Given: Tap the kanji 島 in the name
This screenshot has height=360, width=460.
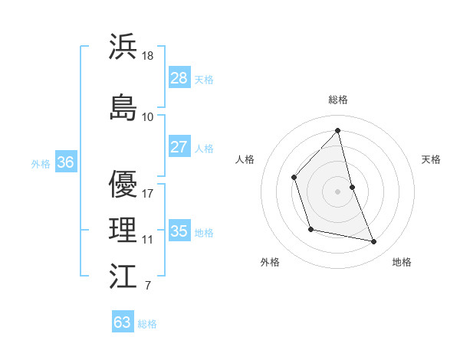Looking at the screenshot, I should pos(123,106).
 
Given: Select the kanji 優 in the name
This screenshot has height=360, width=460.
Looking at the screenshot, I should pos(123,185).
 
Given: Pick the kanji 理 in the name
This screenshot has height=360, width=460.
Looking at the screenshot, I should pos(123,229).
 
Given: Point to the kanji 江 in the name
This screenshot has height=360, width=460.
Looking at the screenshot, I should pos(123,276).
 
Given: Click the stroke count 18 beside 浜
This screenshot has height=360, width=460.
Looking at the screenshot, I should pos(149,55).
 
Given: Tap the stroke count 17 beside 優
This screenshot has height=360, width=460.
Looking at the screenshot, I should pos(148,193).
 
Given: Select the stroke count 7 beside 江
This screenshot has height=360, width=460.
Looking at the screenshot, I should pos(147,286).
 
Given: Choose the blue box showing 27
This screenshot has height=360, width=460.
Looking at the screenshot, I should pos(179,147).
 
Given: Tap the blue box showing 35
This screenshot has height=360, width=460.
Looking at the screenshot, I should pos(179,231).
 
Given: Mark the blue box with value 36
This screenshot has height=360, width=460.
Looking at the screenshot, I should pos(65,162).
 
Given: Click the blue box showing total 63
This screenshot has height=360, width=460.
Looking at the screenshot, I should pos(122,322).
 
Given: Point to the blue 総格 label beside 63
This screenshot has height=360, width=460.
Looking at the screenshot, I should pos(147,324).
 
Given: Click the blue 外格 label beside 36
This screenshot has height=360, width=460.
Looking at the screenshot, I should pos(41,163).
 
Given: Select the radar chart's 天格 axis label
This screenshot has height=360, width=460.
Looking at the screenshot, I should pos(431,159).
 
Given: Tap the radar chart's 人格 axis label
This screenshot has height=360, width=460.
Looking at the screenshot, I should pos(245,159).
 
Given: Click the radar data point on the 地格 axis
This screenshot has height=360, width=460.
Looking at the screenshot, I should pos(374,242).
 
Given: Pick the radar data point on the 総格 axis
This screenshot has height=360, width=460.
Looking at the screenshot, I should pos(338,130).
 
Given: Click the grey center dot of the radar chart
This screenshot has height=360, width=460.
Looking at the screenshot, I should pos(338,191).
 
